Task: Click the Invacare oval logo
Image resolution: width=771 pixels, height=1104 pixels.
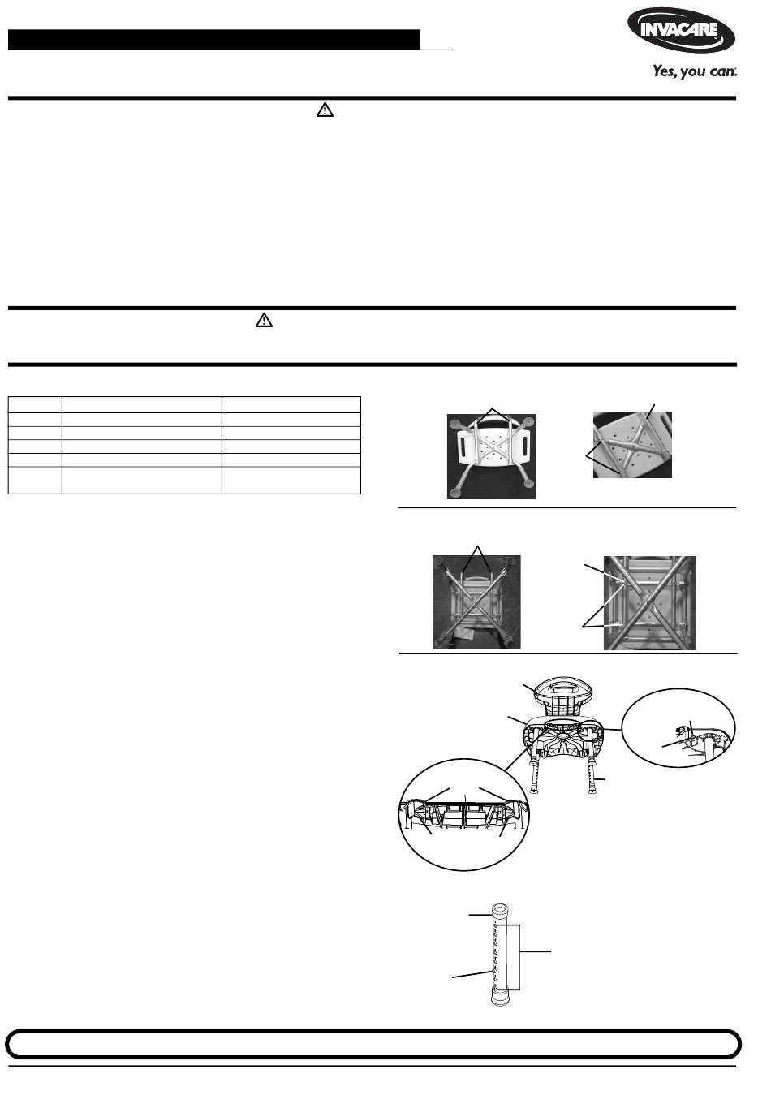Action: pyautogui.click(x=681, y=31)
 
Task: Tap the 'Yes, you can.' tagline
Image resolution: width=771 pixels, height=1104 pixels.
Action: pyautogui.click(x=695, y=71)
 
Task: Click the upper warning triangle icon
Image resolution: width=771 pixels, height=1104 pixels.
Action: pyautogui.click(x=325, y=110)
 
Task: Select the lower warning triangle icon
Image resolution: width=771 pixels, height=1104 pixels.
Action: pyautogui.click(x=264, y=320)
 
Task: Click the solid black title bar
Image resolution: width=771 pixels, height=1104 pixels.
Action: pyautogui.click(x=214, y=40)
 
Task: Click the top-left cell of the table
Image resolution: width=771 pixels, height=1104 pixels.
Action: pyautogui.click(x=35, y=404)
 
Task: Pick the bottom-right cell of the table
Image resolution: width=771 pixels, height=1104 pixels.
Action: pyautogui.click(x=291, y=480)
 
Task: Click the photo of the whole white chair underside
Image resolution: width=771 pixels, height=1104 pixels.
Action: pyautogui.click(x=491, y=456)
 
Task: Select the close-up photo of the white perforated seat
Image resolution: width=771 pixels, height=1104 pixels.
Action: pyautogui.click(x=632, y=445)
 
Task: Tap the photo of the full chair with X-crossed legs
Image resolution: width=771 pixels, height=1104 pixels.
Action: pyautogui.click(x=476, y=602)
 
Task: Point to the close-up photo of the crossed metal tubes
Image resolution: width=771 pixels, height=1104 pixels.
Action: pyautogui.click(x=650, y=603)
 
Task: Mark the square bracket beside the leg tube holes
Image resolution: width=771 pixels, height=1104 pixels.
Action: pyautogui.click(x=519, y=958)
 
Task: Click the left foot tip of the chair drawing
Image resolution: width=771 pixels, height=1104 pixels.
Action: pyautogui.click(x=533, y=791)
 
